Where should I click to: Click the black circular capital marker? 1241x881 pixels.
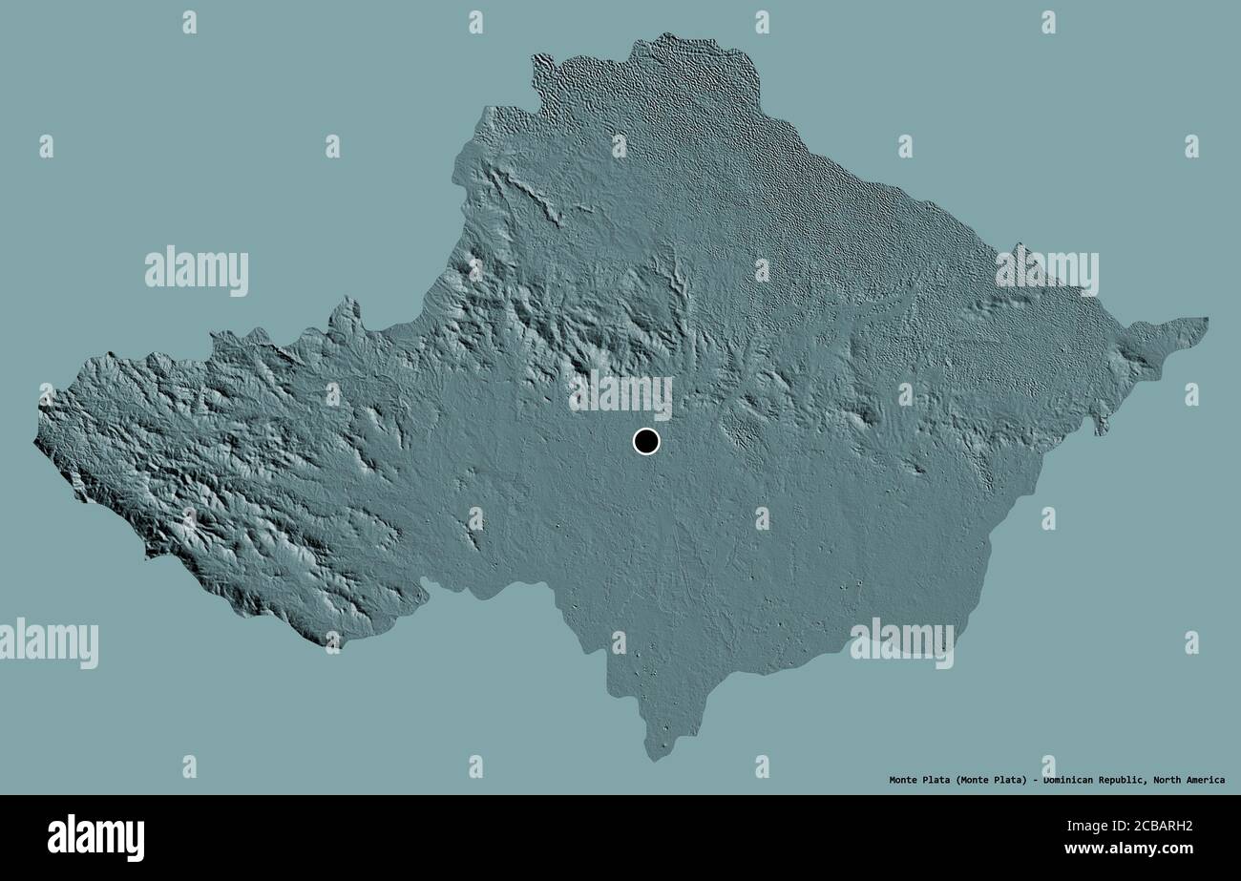pos(646,442)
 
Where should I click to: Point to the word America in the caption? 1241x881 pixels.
pos(1206,780)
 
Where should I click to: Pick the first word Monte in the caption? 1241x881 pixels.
pos(905,780)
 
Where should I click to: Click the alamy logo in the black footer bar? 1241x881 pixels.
pos(95,837)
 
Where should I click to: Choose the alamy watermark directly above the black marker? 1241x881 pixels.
pos(620,393)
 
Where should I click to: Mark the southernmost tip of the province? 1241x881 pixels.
pos(654,760)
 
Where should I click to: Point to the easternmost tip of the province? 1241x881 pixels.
pos(1208,322)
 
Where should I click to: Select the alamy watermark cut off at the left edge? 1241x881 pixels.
pos(48,642)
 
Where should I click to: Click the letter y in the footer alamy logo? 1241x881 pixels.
pos(136,840)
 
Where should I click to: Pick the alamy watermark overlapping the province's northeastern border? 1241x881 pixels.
pos(1046,271)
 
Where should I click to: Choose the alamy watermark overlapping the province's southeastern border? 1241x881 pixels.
pos(902,641)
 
